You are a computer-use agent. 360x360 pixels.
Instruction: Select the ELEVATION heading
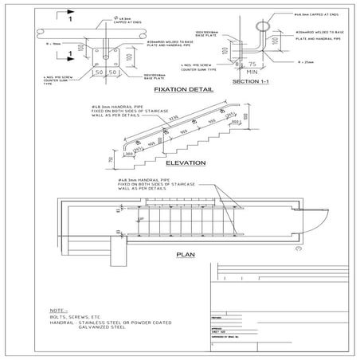186,162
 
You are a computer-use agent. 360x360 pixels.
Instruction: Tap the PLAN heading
186,256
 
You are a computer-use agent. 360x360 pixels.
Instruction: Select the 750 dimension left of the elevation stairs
109,160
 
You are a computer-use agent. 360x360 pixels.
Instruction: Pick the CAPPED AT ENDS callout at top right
322,14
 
